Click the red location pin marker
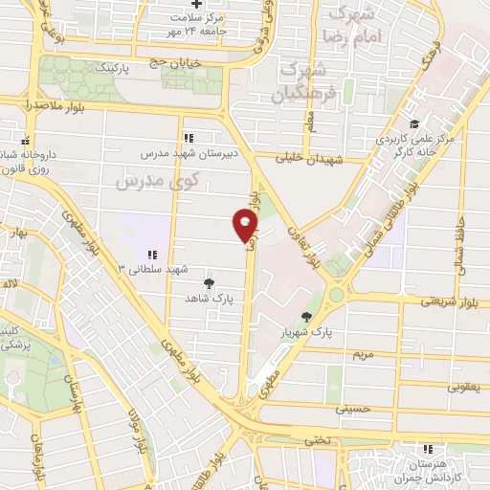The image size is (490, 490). [x=246, y=225]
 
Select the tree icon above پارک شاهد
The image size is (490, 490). [x=210, y=283]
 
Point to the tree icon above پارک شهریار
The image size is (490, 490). [x=306, y=318]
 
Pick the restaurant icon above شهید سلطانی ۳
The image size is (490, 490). [x=151, y=254]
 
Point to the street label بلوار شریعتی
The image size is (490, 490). [x=453, y=301]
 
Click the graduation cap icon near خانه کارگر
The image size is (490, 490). [x=413, y=124]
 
